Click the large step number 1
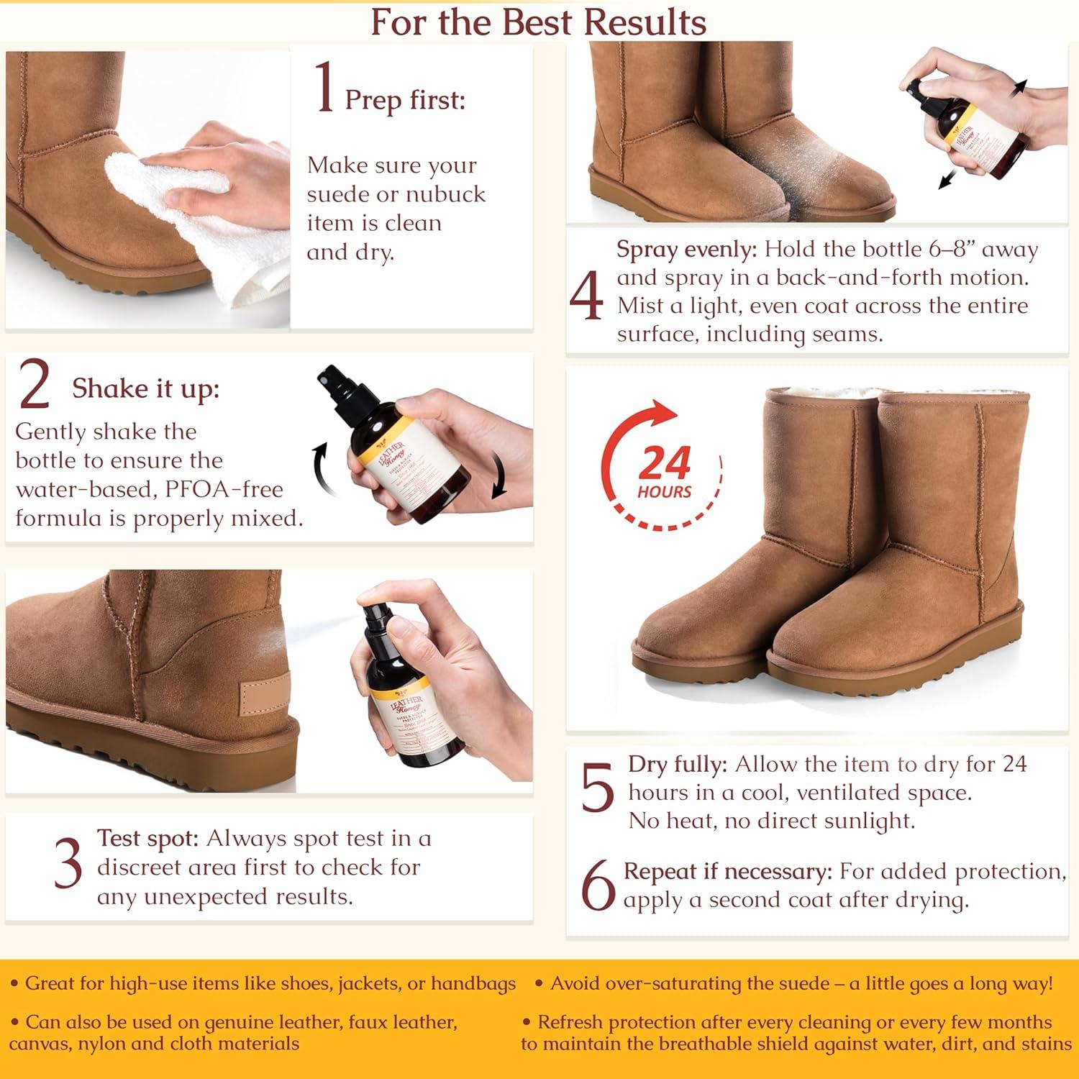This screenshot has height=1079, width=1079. click(x=325, y=88)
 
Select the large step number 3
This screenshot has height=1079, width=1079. click(x=68, y=864)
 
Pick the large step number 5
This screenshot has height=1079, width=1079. click(x=597, y=788)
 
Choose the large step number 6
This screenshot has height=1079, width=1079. click(x=598, y=885)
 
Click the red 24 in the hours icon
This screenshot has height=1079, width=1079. click(x=663, y=463)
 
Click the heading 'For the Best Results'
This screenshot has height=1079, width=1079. click(x=538, y=22)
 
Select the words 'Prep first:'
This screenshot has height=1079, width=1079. click(x=405, y=100)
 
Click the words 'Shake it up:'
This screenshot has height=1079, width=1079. click(x=145, y=388)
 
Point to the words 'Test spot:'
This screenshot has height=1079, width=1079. click(x=147, y=839)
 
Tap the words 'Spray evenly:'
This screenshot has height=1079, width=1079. click(x=686, y=250)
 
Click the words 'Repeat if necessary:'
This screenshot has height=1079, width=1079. click(x=727, y=871)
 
